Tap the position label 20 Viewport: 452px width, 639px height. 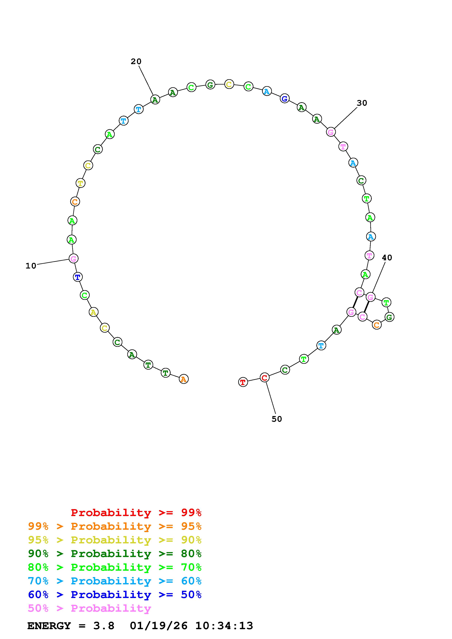click(x=136, y=62)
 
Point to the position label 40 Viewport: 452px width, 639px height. click(x=387, y=258)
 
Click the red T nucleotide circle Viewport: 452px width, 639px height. click(x=243, y=382)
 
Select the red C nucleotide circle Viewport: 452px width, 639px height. click(x=264, y=378)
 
